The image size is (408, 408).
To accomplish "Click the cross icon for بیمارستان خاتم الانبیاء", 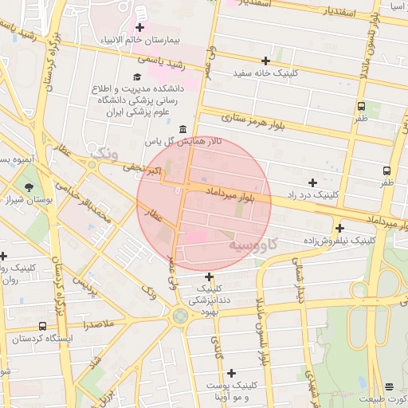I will (x=139, y=28).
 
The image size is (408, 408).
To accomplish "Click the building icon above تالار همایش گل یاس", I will (x=183, y=129).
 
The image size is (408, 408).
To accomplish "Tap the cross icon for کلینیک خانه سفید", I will (x=265, y=61).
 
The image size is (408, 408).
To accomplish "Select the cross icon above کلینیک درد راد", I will (x=312, y=182).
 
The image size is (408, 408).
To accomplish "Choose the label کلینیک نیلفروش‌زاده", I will (x=339, y=239).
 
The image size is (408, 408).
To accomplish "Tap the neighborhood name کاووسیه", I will (x=253, y=245).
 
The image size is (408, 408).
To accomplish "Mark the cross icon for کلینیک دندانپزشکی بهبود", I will (x=209, y=276).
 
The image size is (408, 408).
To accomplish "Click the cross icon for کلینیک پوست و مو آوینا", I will (x=232, y=373).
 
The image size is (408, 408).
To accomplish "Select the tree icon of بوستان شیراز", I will (x=30, y=188).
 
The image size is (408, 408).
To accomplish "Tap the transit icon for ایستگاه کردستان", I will (x=41, y=326).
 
